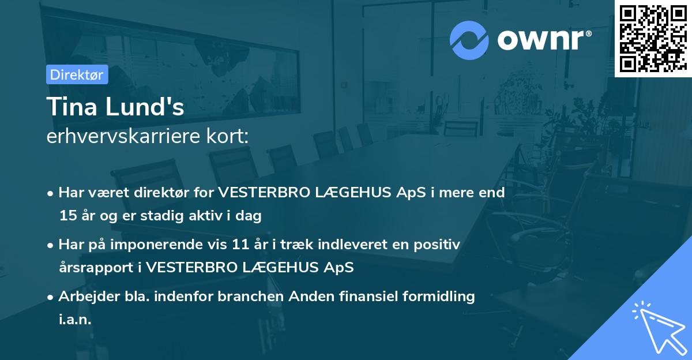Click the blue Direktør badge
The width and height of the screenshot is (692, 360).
tap(77, 74)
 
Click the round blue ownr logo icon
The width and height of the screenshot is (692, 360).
tap(469, 40)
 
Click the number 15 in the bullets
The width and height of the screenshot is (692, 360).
tap(67, 216)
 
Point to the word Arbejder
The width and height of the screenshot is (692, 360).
tap(84, 297)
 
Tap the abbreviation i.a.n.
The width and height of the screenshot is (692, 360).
tap(75, 320)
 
